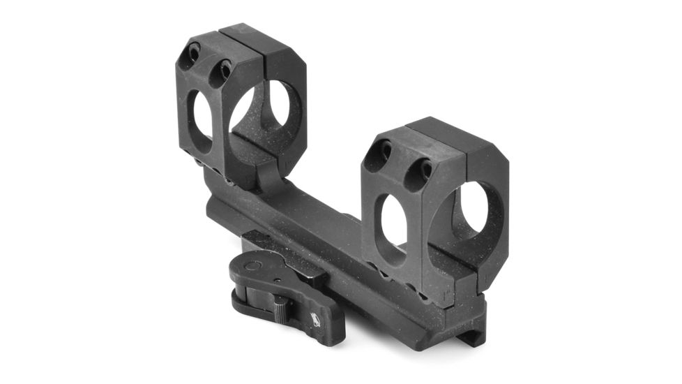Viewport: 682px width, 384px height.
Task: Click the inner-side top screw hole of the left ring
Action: point(222,68)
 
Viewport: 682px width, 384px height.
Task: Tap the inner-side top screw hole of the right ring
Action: point(419,168)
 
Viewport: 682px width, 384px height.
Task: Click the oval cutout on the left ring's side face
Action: point(199,119)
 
